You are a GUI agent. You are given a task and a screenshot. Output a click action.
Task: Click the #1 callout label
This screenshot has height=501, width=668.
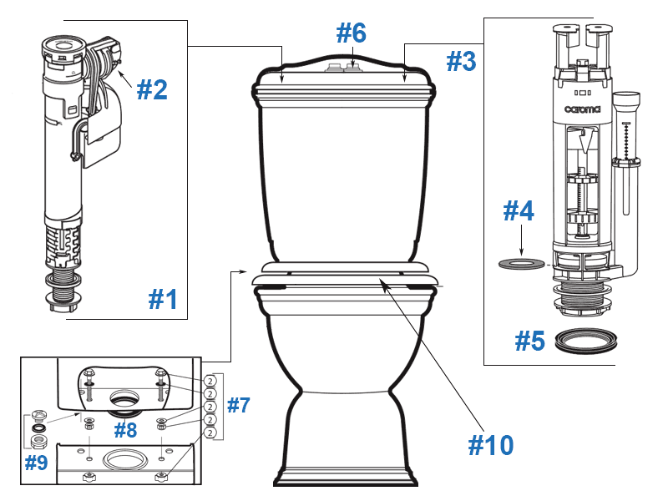[163, 298]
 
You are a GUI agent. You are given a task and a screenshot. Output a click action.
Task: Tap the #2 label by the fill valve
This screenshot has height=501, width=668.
[152, 89]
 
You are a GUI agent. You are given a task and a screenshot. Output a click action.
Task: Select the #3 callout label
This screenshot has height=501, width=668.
[460, 61]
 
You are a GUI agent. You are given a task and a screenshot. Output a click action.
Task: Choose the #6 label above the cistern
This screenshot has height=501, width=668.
[351, 34]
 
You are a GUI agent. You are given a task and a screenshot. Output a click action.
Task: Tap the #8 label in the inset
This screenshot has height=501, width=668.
[125, 430]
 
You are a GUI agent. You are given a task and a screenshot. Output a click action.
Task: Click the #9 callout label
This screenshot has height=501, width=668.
[36, 462]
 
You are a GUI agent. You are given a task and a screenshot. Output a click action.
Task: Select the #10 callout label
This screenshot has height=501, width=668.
[490, 445]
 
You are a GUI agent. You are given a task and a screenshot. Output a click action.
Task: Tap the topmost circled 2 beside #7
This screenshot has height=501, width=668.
[210, 380]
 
